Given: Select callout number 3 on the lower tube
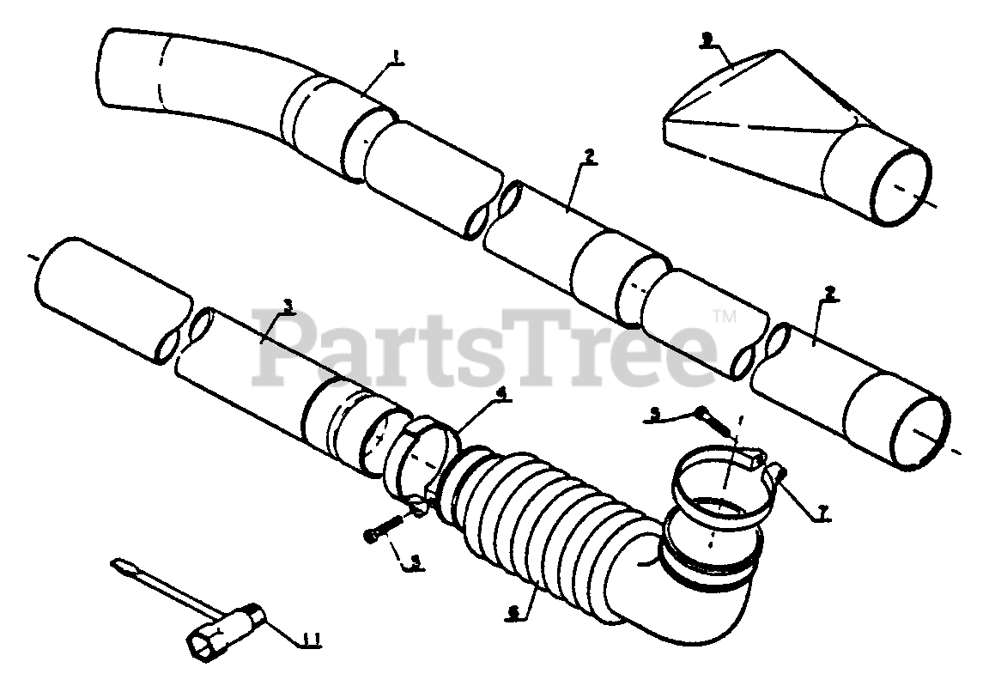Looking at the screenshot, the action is [x=288, y=305].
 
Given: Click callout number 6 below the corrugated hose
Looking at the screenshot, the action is [x=513, y=612].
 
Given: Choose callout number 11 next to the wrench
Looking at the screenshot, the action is [x=312, y=638].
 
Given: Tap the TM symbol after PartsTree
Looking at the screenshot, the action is [x=725, y=317].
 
